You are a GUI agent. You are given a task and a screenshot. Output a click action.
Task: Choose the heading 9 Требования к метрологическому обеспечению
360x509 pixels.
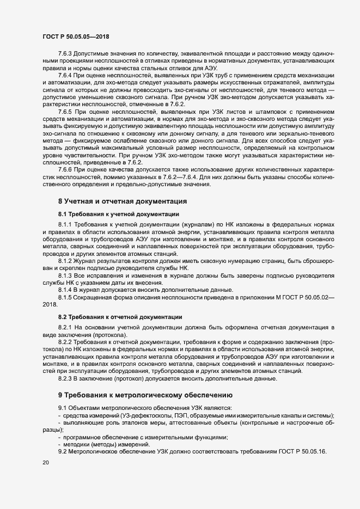(145, 394)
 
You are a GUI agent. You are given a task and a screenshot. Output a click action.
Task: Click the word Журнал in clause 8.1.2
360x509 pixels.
(86, 261)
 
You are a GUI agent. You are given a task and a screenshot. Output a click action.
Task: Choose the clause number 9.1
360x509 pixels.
(63, 408)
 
